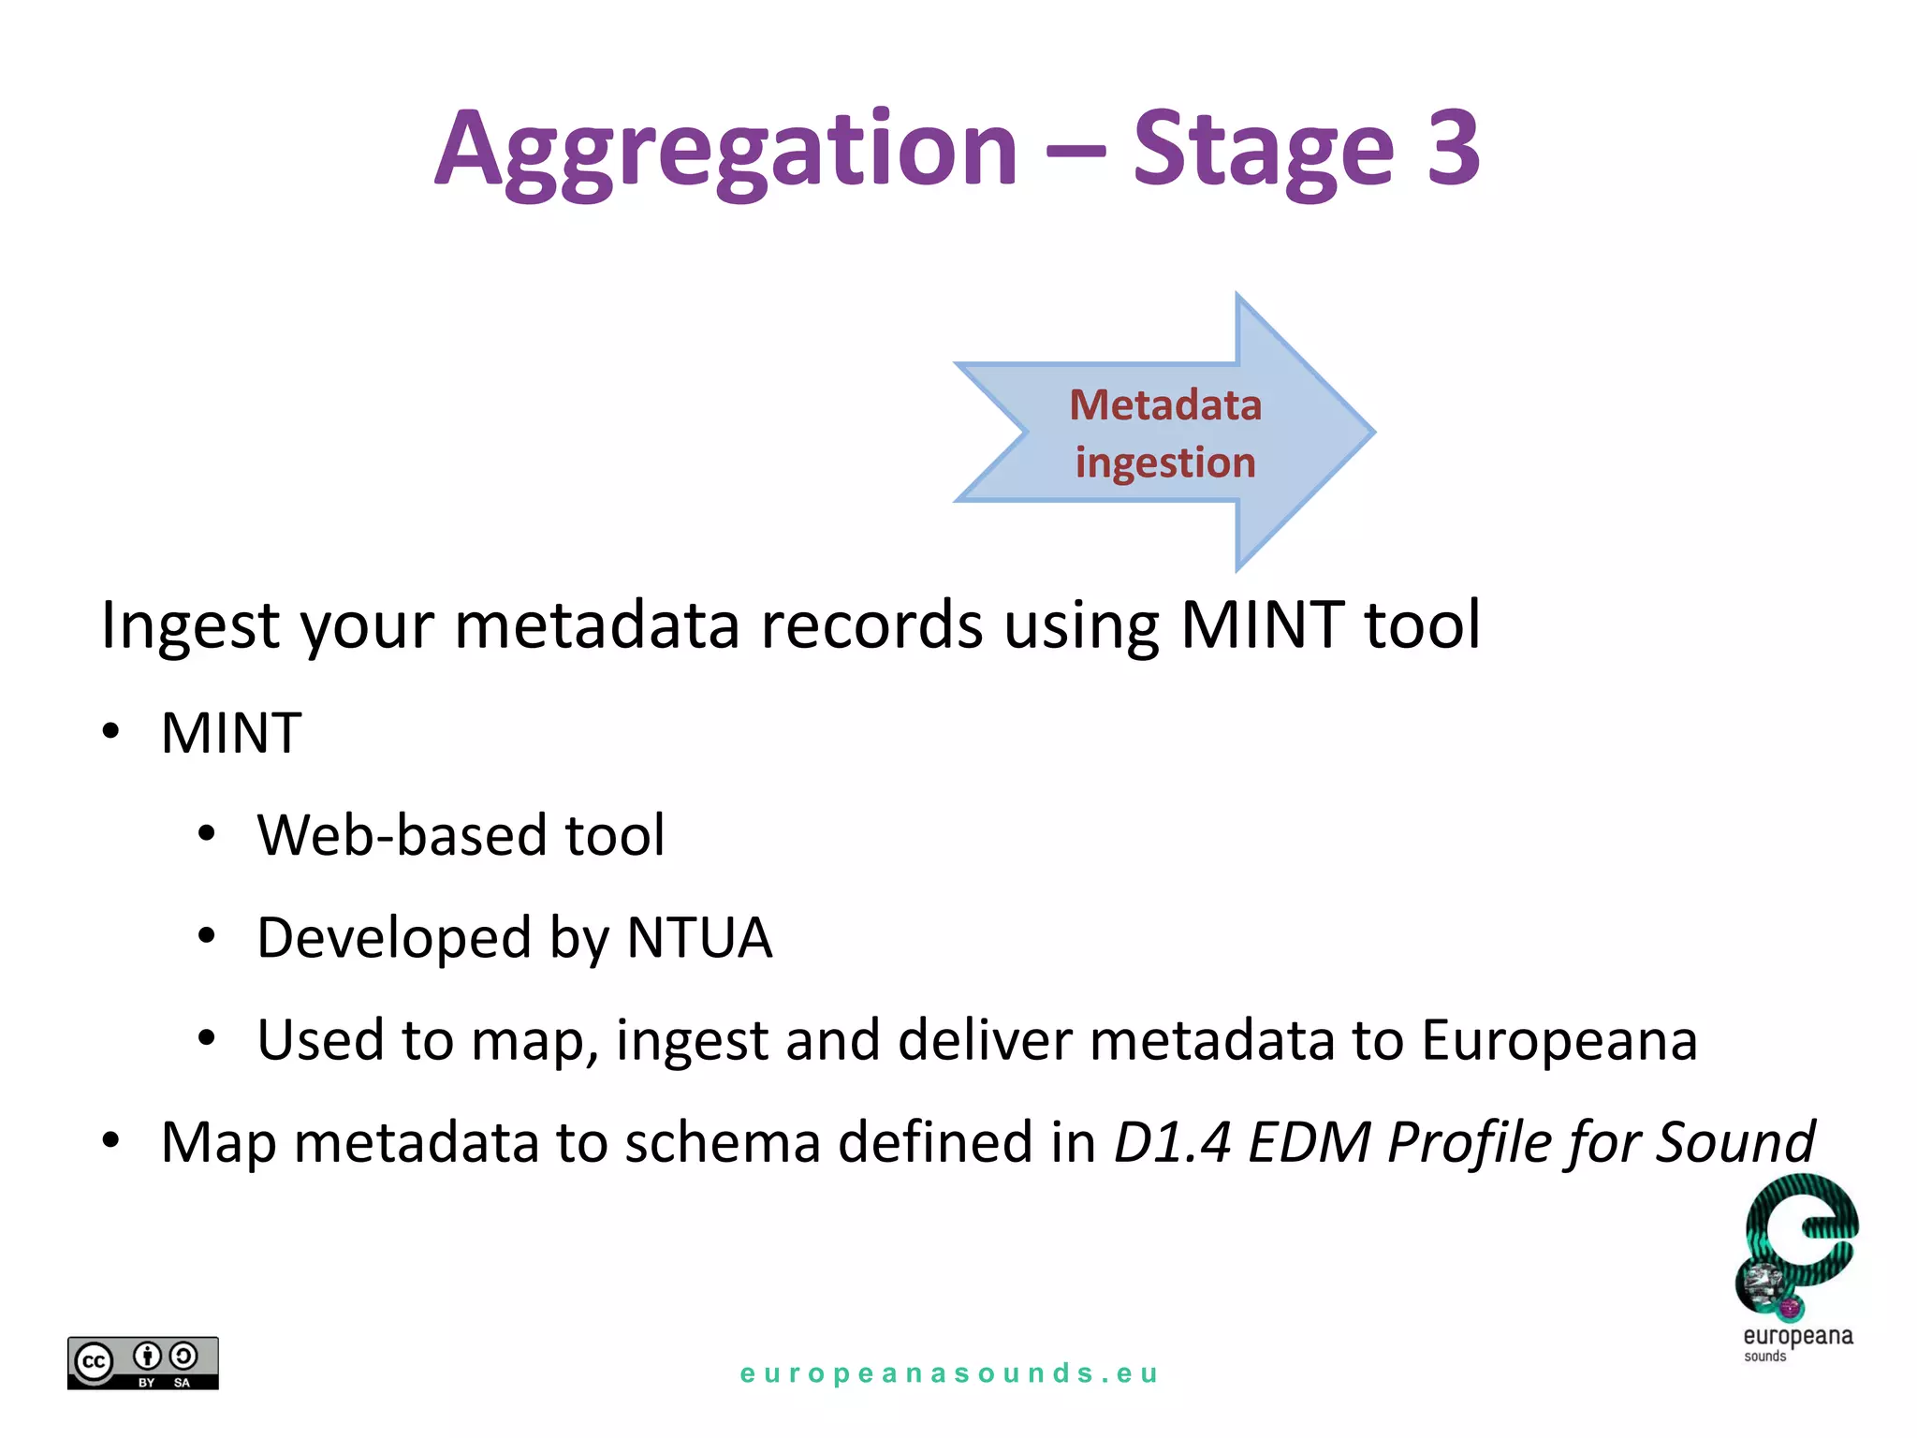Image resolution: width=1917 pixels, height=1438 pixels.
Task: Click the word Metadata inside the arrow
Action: pyautogui.click(x=1165, y=405)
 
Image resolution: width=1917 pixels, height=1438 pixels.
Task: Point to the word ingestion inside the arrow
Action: pyautogui.click(x=1165, y=462)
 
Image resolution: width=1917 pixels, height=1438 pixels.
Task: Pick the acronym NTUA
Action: pyautogui.click(x=698, y=937)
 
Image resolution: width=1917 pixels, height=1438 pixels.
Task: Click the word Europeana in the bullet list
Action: pyautogui.click(x=1558, y=1039)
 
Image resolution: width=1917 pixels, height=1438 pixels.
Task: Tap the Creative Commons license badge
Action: pyautogui.click(x=142, y=1362)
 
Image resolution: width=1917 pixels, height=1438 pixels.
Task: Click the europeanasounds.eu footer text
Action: pyautogui.click(x=949, y=1373)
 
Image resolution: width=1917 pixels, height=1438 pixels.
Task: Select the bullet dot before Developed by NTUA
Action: pyautogui.click(x=207, y=935)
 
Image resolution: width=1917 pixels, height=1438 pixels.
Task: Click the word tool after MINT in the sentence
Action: pyautogui.click(x=1422, y=624)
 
